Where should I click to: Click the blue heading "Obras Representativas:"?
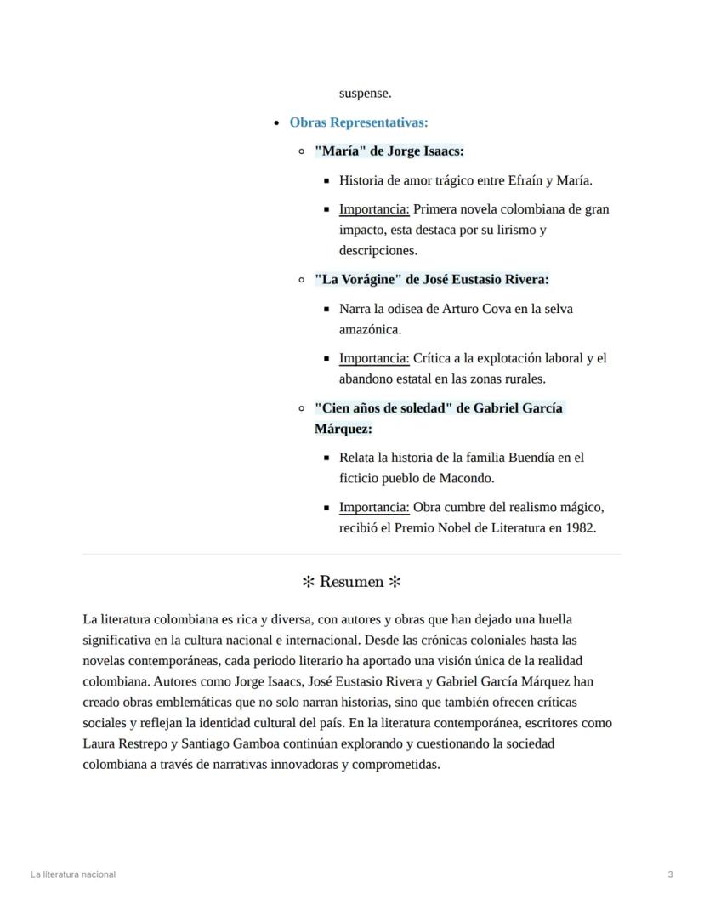click(358, 122)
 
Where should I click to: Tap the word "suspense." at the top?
click(365, 94)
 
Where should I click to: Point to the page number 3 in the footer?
click(670, 874)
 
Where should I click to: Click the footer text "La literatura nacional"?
click(73, 874)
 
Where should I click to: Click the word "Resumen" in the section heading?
click(351, 582)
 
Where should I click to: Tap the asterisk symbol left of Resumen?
click(309, 582)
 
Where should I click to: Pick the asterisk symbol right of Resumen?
click(395, 582)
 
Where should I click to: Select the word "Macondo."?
click(465, 478)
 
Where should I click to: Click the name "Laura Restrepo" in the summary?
click(123, 743)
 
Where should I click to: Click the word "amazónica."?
click(370, 329)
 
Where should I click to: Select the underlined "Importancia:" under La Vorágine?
click(374, 358)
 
